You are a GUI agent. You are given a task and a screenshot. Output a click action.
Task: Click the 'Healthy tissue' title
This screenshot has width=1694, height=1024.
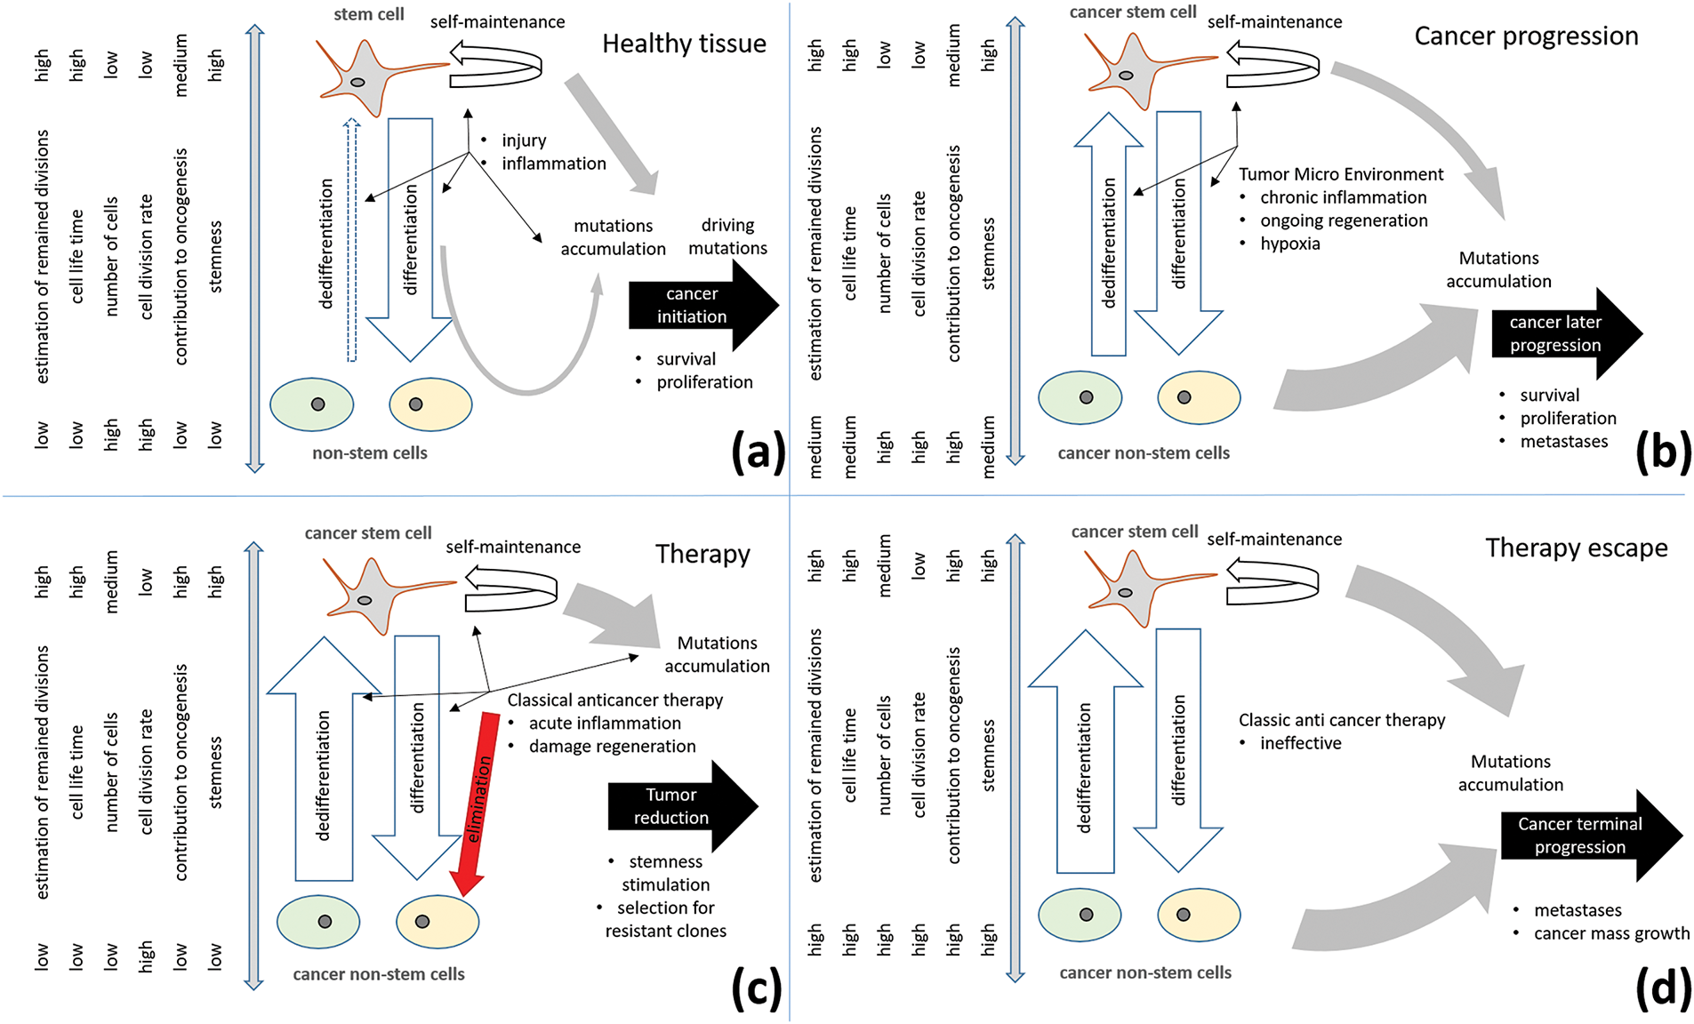click(x=684, y=44)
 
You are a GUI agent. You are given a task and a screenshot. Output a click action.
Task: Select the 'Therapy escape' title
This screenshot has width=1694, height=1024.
click(x=1576, y=548)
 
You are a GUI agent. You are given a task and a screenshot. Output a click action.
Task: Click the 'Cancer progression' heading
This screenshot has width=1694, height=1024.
click(x=1526, y=36)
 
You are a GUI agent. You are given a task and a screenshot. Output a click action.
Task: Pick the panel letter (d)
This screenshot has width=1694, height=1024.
click(x=1663, y=988)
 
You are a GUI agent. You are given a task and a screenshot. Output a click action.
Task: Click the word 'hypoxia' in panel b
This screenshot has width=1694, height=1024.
click(x=1289, y=244)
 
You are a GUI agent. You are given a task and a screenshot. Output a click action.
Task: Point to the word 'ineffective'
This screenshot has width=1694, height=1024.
click(x=1300, y=743)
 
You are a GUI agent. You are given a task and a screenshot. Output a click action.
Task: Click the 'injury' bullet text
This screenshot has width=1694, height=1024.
click(x=524, y=140)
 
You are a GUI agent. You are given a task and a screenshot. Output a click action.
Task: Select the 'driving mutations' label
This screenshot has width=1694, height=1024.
click(x=727, y=236)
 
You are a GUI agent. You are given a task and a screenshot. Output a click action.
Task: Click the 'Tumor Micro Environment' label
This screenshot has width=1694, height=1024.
click(x=1340, y=174)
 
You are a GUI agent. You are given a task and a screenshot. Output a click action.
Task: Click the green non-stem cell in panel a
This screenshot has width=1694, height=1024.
click(x=312, y=404)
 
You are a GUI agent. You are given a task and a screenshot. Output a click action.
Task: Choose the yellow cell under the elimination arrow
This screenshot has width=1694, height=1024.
click(x=437, y=922)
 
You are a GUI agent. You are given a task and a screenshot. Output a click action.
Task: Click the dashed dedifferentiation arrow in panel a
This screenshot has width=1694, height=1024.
click(x=352, y=240)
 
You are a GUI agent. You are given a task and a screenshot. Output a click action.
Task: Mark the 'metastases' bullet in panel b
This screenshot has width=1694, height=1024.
click(x=1563, y=441)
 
